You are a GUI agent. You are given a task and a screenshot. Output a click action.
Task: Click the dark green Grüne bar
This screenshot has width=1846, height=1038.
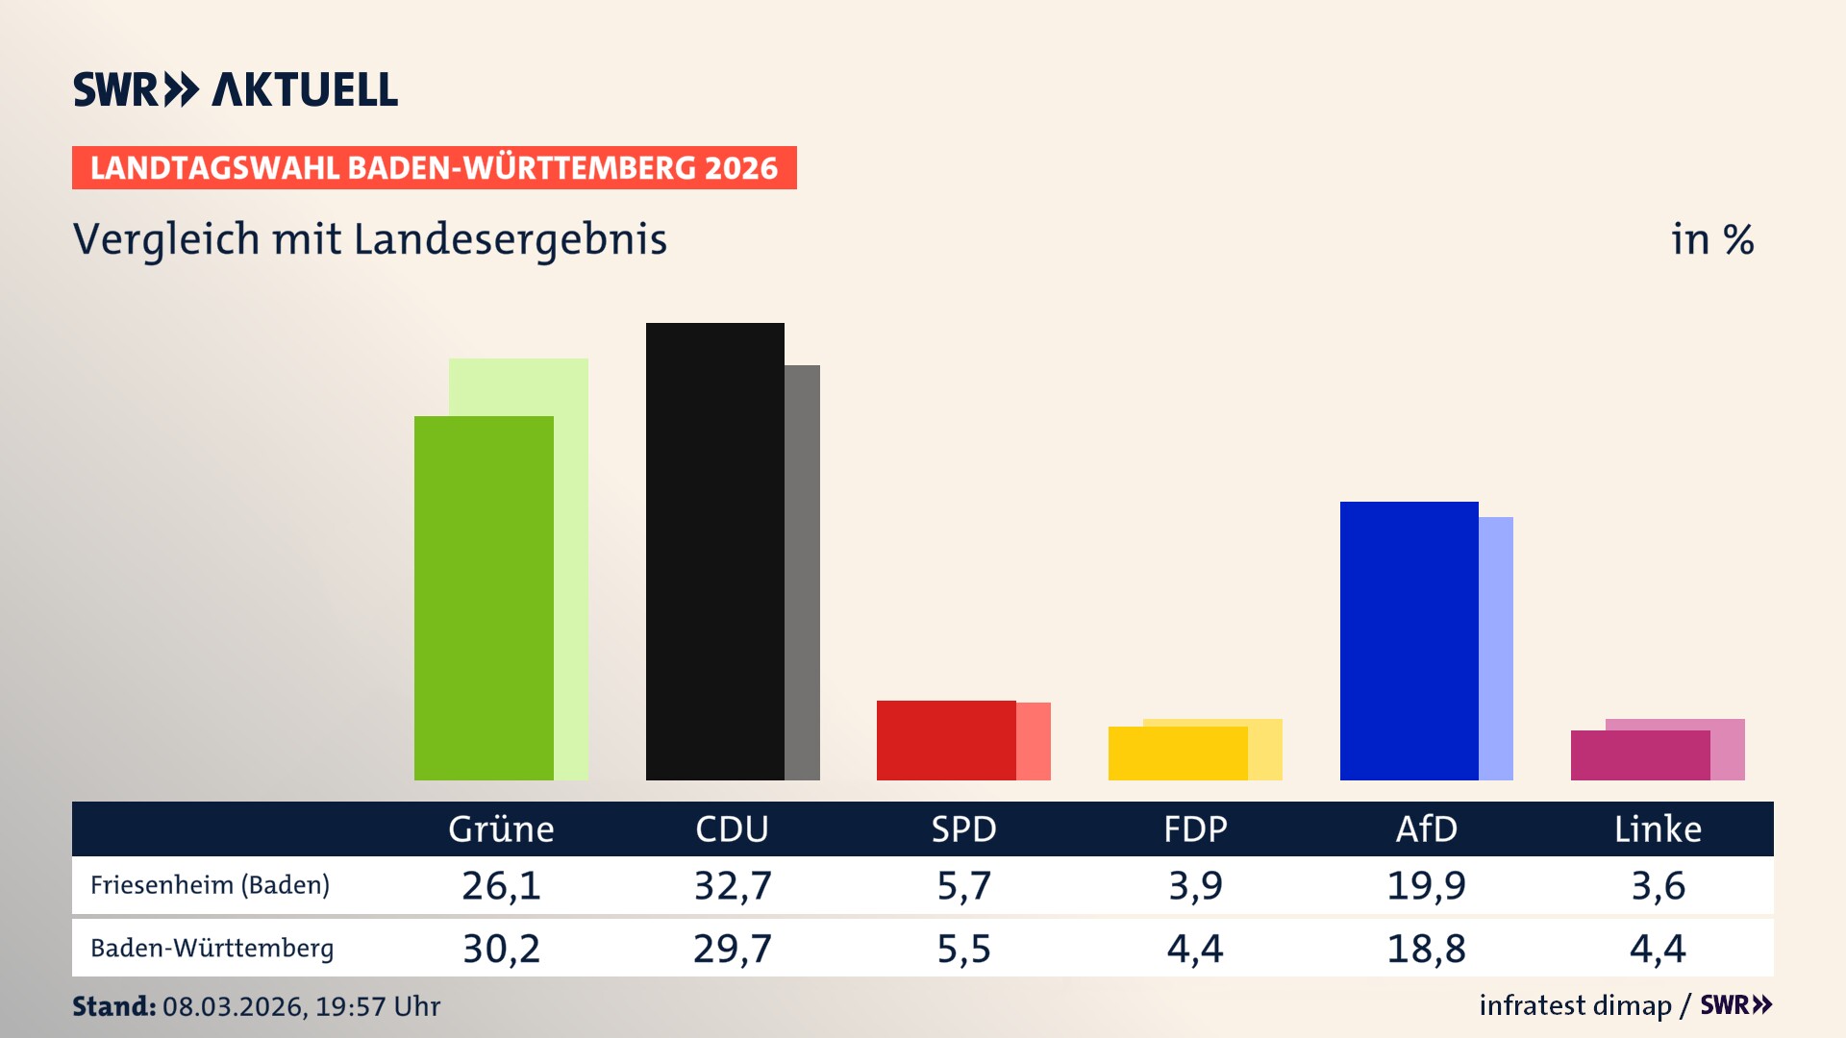pos(484,598)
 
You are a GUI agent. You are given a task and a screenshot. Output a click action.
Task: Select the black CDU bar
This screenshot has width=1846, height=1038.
pos(714,552)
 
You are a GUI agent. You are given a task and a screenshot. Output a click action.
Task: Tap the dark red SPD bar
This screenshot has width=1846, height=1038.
pos(946,740)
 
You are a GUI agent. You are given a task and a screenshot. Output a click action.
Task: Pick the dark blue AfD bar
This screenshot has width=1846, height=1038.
pos(1409,640)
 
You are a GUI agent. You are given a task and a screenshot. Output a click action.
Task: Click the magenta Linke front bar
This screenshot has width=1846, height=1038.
pos(1640,755)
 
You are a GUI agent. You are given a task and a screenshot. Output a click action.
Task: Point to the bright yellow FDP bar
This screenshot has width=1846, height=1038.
pos(1178,754)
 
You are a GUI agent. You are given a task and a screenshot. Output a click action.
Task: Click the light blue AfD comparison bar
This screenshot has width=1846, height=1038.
pos(1496,649)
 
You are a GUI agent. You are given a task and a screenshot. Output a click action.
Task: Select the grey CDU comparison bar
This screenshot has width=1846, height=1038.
pos(802,573)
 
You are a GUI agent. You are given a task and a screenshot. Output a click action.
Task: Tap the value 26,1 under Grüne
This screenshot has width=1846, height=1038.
pos(501,885)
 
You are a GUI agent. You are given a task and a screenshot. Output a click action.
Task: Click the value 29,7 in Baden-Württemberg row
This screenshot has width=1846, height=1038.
pos(733,949)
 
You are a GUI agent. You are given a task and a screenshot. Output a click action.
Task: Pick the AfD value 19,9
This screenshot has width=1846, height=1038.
pos(1426,885)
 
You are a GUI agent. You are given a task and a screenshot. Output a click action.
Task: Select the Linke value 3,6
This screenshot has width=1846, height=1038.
pos(1658,885)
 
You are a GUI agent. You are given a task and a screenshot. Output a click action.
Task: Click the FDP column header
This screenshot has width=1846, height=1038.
pos(1195,828)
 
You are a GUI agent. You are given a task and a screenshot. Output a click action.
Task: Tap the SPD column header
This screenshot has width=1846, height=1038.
pos(963,828)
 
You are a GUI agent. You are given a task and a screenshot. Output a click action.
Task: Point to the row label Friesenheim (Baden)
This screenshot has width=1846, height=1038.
pos(210,885)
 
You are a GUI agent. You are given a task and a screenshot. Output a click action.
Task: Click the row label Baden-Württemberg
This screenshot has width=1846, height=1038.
pos(212,949)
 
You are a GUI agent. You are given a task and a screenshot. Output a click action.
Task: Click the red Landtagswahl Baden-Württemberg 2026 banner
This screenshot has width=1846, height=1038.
pos(434,168)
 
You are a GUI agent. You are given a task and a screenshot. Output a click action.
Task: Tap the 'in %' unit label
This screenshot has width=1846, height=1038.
pos(1711,239)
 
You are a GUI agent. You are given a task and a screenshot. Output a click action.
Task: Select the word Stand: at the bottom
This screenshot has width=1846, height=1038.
pos(113,1006)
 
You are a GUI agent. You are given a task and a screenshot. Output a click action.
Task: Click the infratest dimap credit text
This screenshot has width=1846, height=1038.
pos(1575,1005)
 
